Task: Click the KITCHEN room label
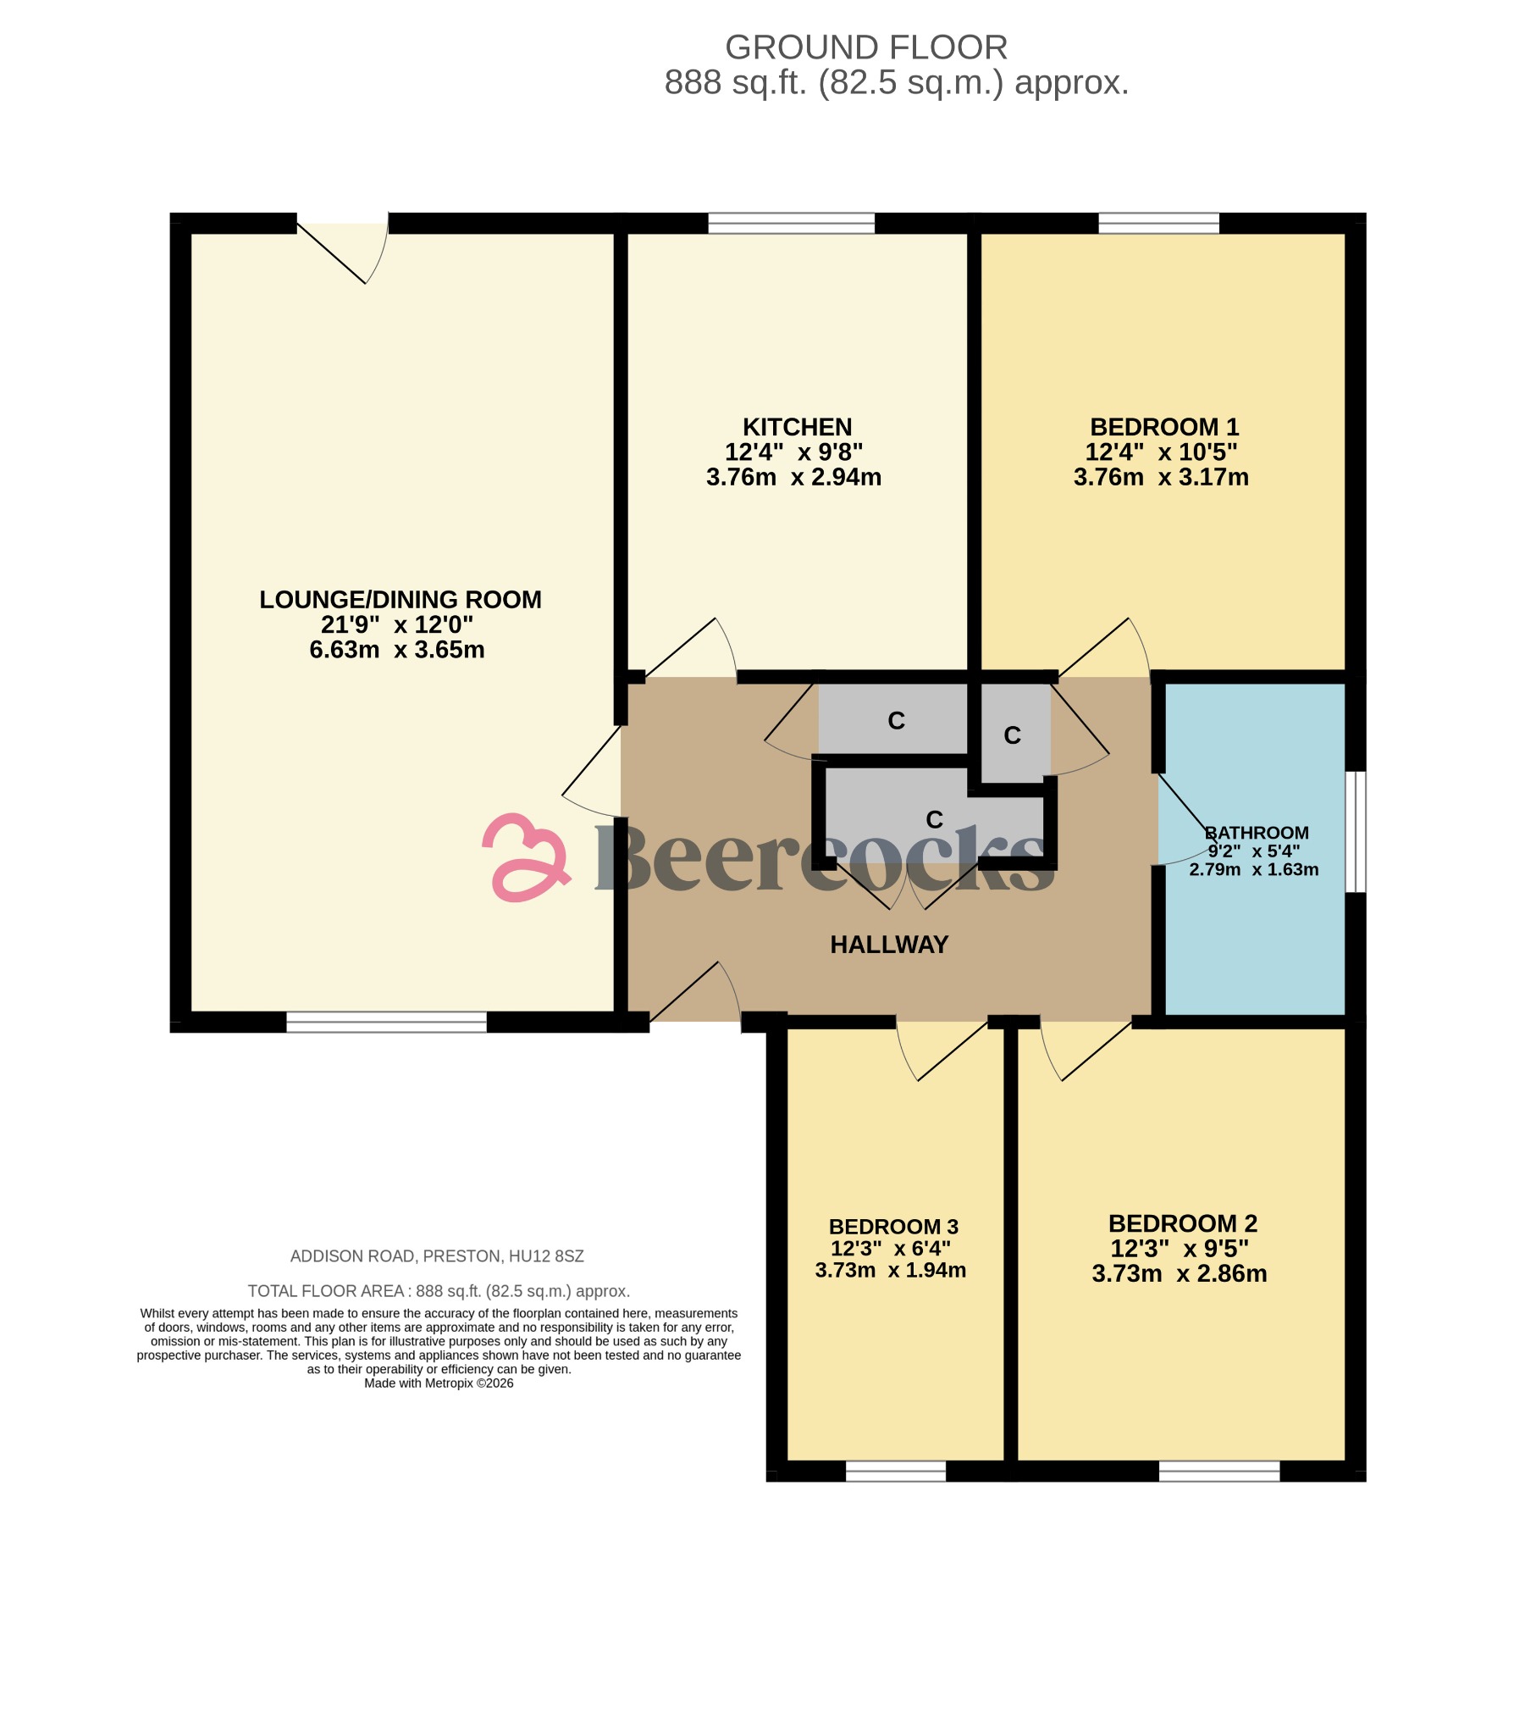[797, 427]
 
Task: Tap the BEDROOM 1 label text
[1164, 427]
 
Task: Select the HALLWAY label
[888, 945]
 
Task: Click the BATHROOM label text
[1256, 833]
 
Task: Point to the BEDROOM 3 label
[893, 1227]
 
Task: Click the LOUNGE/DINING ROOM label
[400, 600]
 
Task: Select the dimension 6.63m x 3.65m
[396, 650]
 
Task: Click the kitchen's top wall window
[791, 224]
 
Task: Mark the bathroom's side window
[1356, 832]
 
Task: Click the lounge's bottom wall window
[386, 1022]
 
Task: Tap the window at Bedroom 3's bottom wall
[895, 1471]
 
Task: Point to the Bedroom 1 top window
[1158, 224]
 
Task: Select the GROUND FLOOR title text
[865, 47]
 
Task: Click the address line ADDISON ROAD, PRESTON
[437, 1256]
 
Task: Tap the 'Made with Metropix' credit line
[439, 1383]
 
